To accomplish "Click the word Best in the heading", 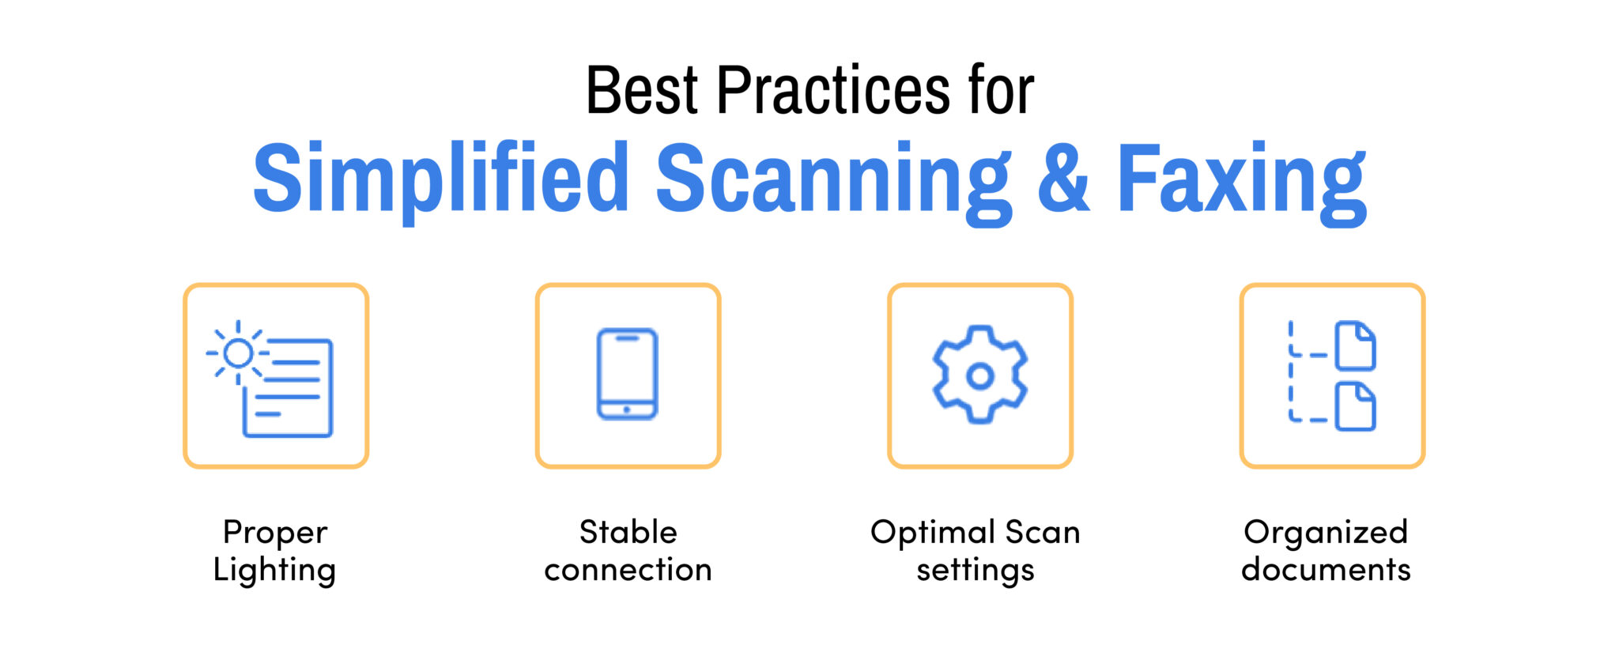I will (x=641, y=91).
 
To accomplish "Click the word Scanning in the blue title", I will (x=833, y=180).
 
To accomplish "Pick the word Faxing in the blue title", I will (x=1241, y=180).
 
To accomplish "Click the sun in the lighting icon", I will (x=237, y=353).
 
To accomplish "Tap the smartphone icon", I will (x=627, y=374).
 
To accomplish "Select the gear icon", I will (x=979, y=375).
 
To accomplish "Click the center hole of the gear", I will (x=979, y=376).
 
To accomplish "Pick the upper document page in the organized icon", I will (x=1355, y=345).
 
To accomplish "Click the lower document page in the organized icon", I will (x=1355, y=406).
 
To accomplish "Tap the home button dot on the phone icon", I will (x=627, y=409).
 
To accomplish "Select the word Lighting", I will (x=274, y=571).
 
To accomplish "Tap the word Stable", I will (x=628, y=532).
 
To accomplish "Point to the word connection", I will (x=628, y=570).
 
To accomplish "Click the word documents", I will (x=1326, y=570).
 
